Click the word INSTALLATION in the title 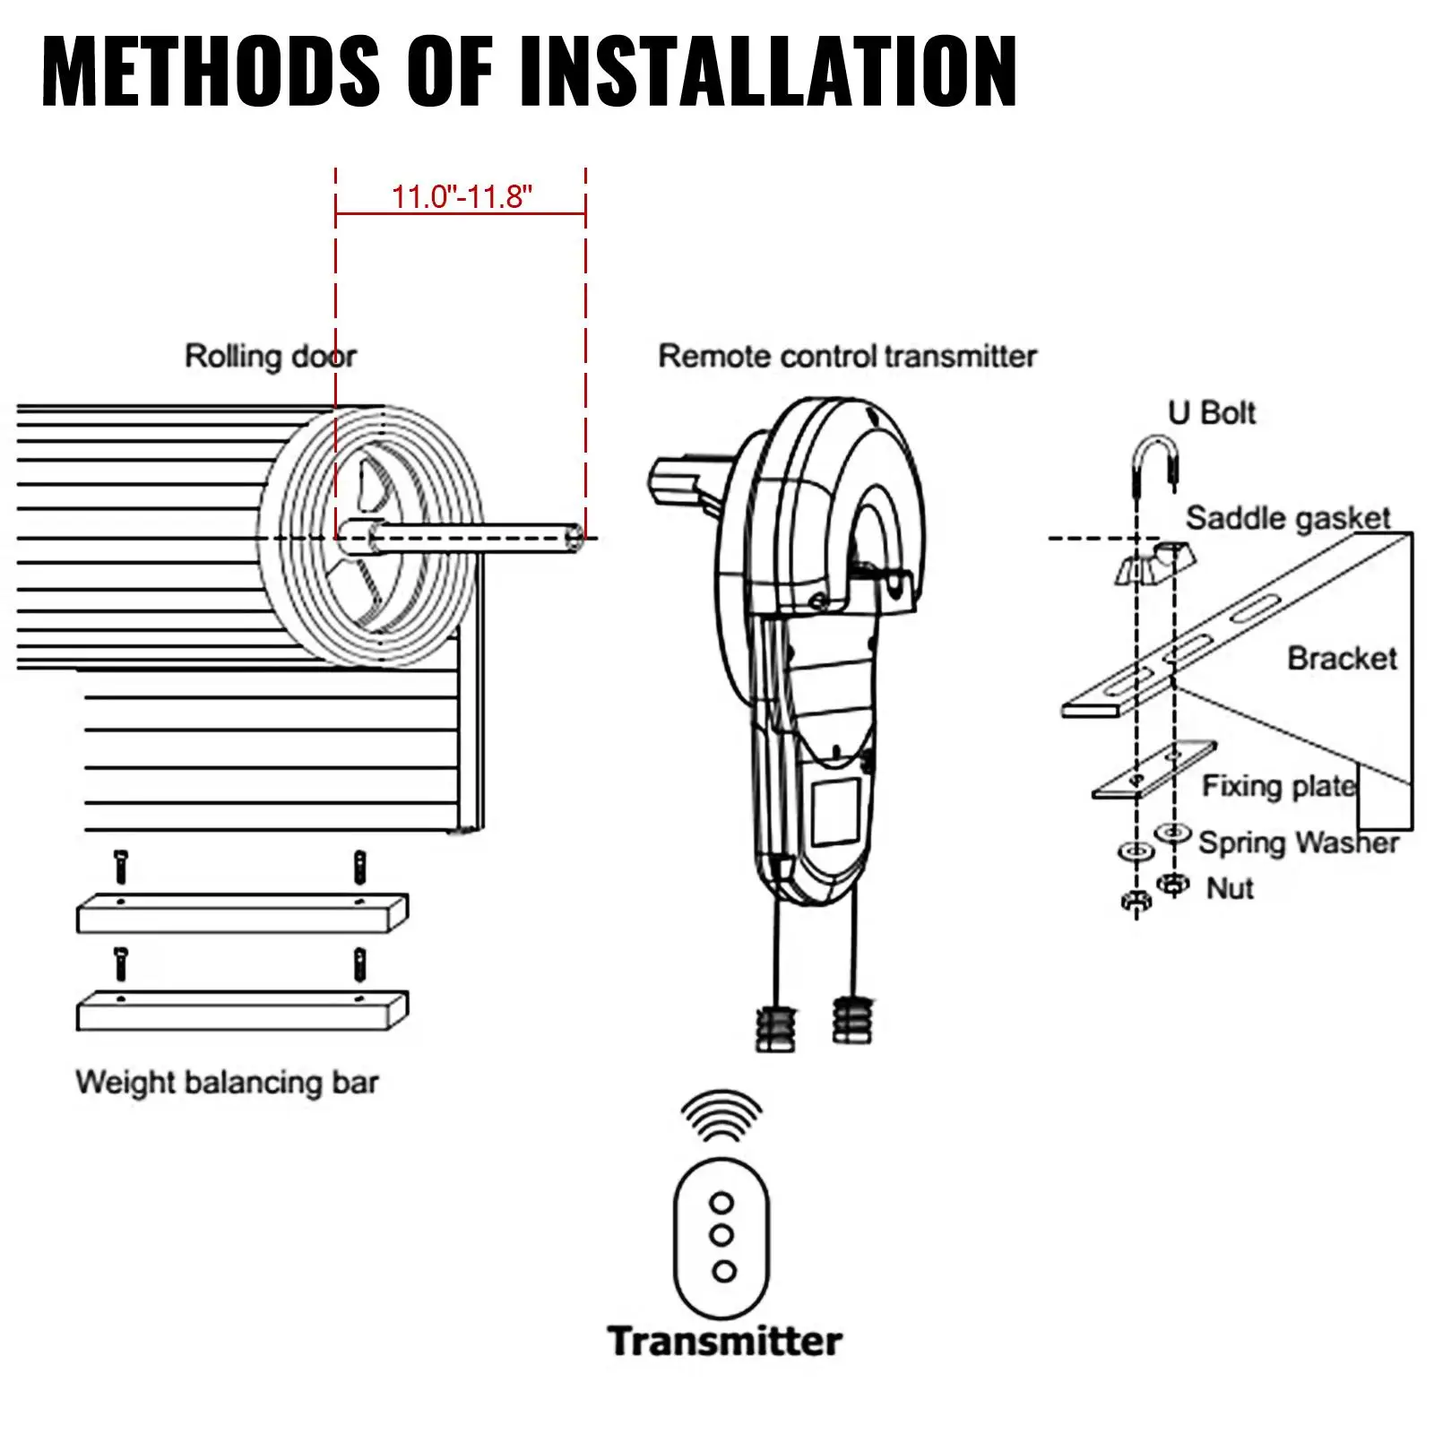coord(768,72)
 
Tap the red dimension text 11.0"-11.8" coord(462,196)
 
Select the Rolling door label coord(270,357)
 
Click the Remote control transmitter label coord(847,357)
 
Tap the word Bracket coord(1342,659)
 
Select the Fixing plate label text coord(1278,786)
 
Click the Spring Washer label coord(1298,842)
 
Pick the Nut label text coord(1230,888)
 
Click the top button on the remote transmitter coord(721,1202)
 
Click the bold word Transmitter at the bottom coord(724,1342)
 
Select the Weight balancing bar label coord(227,1083)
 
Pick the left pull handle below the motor coord(775,1027)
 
